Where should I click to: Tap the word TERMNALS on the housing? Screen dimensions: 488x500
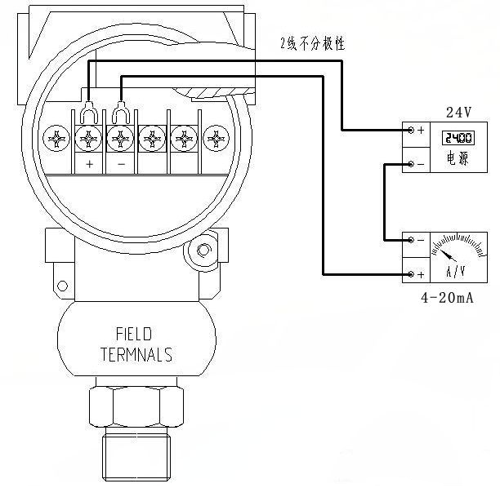click(x=136, y=355)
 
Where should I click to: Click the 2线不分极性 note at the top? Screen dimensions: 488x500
click(x=312, y=43)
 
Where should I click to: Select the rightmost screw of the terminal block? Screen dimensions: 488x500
click(x=214, y=137)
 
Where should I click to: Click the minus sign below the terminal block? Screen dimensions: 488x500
click(x=120, y=164)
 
